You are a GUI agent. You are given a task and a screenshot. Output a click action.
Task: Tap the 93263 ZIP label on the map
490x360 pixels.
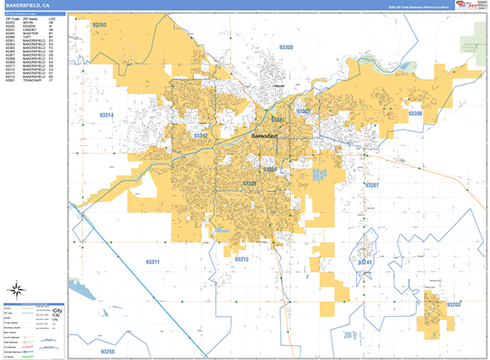point(100,25)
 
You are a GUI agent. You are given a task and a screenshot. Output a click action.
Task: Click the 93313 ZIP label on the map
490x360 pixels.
point(243,259)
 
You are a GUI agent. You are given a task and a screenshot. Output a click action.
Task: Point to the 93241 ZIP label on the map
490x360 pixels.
point(364,262)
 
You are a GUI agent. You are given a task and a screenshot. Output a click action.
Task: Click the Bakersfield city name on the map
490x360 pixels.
point(265,135)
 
